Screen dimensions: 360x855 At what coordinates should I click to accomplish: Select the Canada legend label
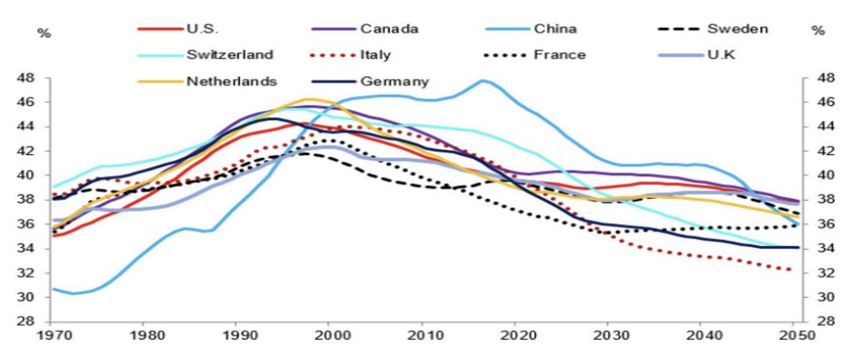pos(389,28)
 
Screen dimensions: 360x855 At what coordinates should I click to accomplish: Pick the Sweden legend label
pos(737,28)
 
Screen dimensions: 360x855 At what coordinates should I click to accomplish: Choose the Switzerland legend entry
pos(230,54)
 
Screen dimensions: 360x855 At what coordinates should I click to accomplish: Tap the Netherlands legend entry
pos(231,81)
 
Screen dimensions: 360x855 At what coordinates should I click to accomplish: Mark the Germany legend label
pos(395,81)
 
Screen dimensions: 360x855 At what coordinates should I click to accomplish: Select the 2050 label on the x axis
pos(793,336)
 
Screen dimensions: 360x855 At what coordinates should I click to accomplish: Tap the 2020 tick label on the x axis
pos(515,336)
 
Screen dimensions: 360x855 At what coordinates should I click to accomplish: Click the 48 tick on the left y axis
pos(26,78)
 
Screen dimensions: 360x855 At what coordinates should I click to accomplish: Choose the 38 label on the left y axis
pos(26,200)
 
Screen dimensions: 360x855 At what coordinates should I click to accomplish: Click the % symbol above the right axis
pos(818,32)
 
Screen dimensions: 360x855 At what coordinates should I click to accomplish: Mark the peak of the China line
pos(482,81)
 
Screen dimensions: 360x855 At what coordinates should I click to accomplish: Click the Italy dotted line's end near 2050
pos(791,270)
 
